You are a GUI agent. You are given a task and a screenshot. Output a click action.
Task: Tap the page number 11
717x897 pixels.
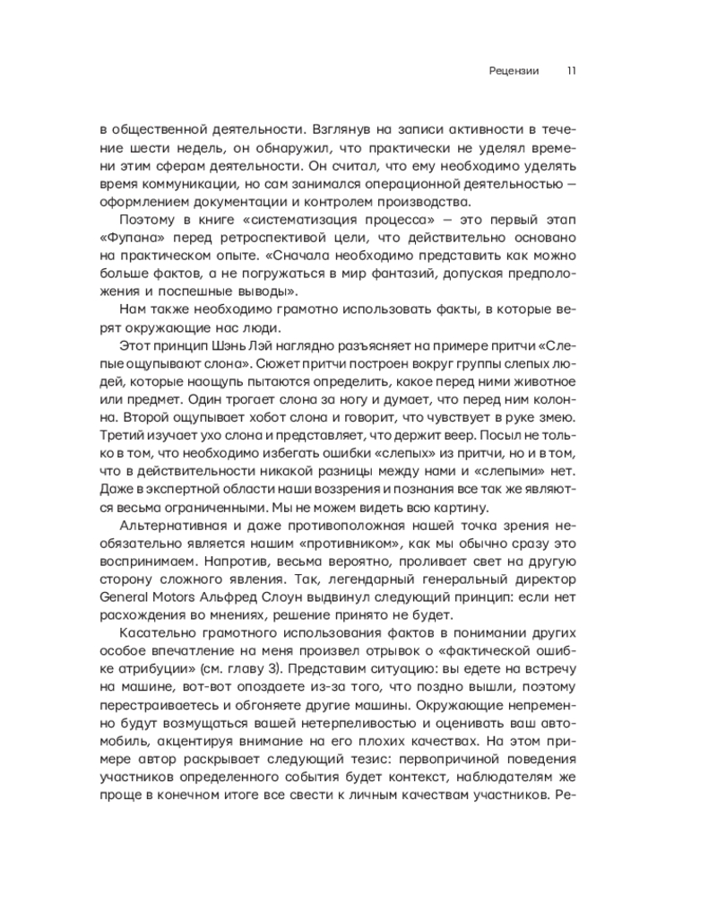pyautogui.click(x=570, y=72)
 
